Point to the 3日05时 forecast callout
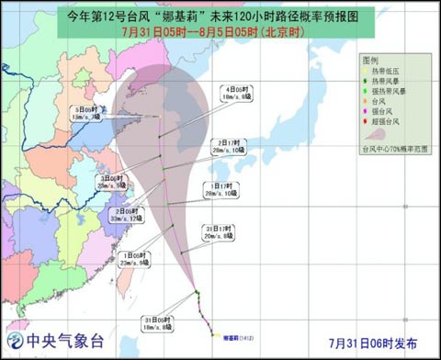click(110, 181)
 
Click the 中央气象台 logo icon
click(12, 343)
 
